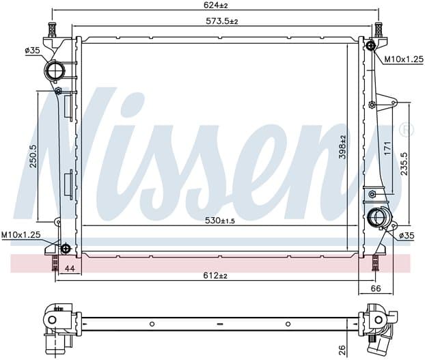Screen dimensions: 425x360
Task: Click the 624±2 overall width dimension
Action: click(215, 5)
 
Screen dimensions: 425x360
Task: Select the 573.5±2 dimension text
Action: click(221, 21)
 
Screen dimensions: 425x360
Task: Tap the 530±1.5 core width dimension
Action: click(220, 221)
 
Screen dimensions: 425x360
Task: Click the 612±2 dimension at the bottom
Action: click(215, 275)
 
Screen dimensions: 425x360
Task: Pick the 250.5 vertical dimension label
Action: click(33, 156)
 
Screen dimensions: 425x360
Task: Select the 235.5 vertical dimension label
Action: click(404, 163)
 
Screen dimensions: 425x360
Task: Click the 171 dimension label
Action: click(388, 148)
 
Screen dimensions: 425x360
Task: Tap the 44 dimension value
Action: click(70, 268)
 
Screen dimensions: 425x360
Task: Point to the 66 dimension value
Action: click(376, 288)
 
